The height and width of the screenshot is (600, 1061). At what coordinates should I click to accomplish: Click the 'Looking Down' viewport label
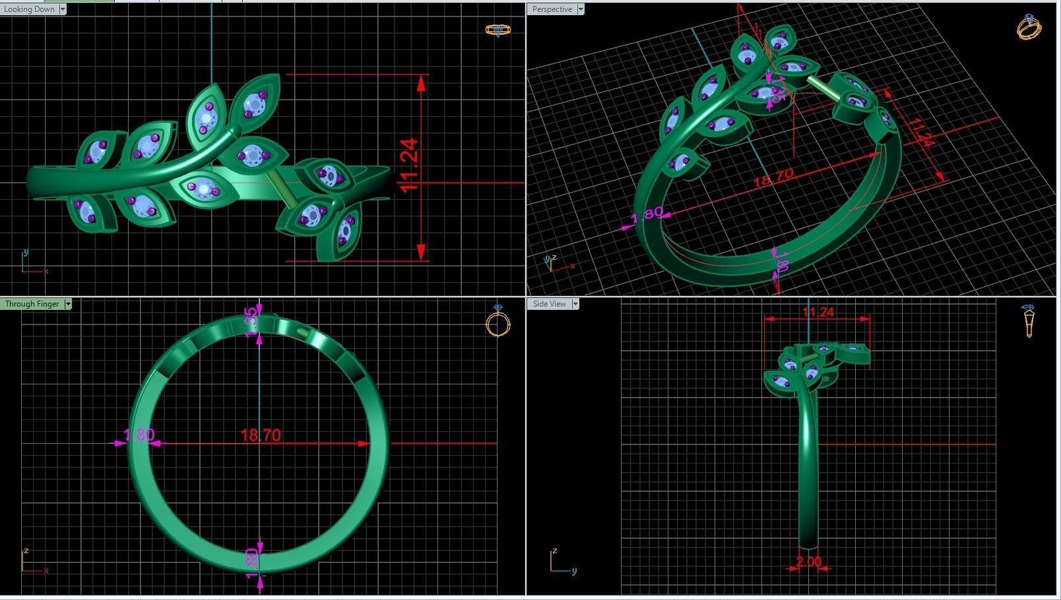(29, 9)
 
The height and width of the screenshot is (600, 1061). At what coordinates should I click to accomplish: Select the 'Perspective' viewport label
(552, 9)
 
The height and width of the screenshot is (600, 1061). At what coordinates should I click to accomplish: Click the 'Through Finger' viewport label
(32, 304)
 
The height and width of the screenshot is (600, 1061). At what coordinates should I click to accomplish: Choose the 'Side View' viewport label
(549, 304)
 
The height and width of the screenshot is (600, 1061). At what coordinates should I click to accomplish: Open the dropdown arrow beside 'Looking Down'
(63, 9)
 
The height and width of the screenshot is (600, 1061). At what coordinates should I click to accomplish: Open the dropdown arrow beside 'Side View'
(575, 304)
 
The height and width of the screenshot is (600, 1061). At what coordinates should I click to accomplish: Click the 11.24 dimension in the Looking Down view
(409, 165)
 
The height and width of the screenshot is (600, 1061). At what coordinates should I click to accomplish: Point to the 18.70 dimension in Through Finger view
(261, 435)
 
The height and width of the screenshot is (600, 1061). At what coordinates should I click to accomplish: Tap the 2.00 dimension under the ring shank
(809, 562)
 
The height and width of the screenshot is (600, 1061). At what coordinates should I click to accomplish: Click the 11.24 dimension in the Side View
(818, 312)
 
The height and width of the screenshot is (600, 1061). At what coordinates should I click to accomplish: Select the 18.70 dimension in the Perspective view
(773, 177)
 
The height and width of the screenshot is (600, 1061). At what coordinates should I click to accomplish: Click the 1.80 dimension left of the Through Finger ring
(139, 435)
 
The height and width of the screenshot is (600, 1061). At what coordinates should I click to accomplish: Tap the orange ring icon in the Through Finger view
(498, 322)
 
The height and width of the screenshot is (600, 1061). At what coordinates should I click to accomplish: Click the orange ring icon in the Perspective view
(1029, 28)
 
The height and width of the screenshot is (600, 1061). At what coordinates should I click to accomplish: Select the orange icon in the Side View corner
(1029, 320)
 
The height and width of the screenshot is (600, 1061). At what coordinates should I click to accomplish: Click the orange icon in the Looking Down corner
(498, 30)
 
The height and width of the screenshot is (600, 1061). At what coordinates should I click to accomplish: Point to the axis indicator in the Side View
(561, 562)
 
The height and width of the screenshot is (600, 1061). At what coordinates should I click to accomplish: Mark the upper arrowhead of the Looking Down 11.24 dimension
(422, 82)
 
